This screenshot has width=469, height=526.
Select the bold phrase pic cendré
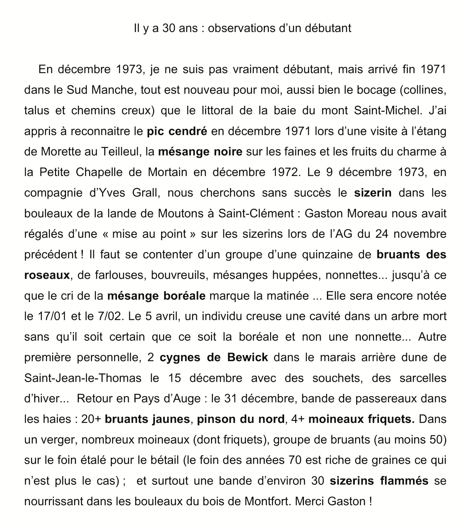[177, 131]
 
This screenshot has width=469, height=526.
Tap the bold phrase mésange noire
[200, 152]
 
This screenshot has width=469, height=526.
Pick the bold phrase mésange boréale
[156, 296]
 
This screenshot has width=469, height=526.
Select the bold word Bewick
[248, 357]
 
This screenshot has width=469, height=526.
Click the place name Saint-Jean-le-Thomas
[83, 378]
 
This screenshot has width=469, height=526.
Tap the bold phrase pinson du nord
[241, 419]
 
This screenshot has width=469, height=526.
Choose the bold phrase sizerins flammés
[379, 481]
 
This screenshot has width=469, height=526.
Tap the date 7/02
[110, 316]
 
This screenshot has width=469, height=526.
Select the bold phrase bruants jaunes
[147, 419]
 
